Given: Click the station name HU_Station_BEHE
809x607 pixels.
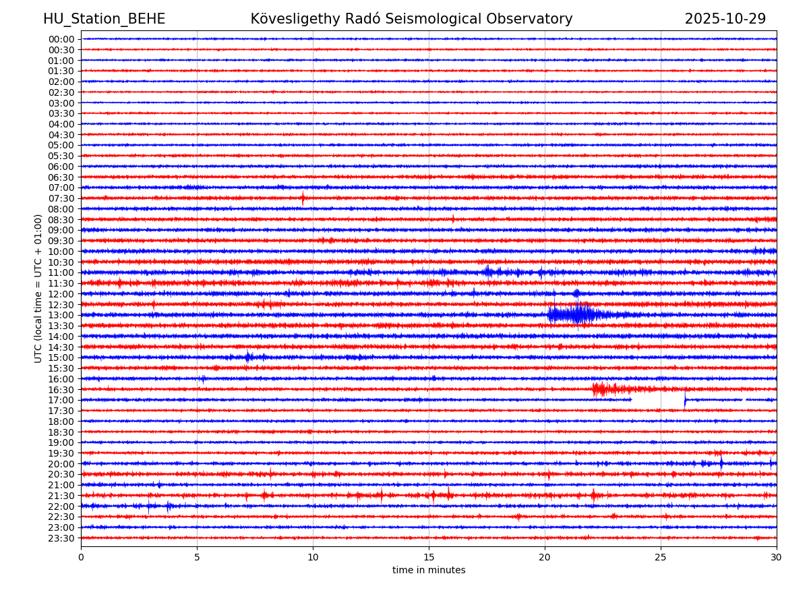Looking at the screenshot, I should point(104,20).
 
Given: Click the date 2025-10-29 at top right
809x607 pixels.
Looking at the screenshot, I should point(725,20).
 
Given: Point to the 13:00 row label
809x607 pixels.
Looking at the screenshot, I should point(61,315).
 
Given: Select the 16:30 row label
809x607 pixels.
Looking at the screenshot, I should point(61,390).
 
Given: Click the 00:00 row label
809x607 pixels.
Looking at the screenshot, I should point(61,39).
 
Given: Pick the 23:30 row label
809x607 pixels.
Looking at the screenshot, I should point(61,538).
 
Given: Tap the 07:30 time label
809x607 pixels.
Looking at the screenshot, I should point(61,198).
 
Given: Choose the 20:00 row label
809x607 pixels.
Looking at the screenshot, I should point(61,464).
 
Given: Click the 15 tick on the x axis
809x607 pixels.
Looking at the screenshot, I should point(429,557).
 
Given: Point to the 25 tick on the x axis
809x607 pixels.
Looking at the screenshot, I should point(661,557).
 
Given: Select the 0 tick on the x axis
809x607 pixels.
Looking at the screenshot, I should point(81,557).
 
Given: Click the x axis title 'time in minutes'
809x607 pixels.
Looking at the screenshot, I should point(429,570).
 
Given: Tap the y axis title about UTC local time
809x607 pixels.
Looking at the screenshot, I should point(38,289).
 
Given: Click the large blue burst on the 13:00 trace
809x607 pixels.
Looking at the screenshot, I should point(573,314).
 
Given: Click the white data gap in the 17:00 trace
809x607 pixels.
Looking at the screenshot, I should point(657,400).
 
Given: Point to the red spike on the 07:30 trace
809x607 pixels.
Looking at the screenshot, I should point(303,198).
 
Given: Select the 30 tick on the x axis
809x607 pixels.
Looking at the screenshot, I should point(777,557).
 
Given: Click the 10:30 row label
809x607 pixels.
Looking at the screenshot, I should point(61,262).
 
